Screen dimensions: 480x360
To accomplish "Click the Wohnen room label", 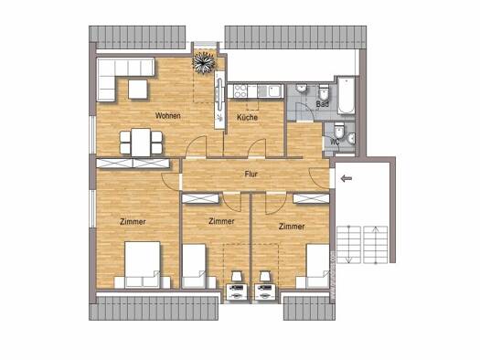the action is click(x=167, y=116).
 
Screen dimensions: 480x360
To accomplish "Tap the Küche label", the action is click(x=248, y=117).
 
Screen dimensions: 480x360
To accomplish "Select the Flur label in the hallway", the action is click(x=251, y=174).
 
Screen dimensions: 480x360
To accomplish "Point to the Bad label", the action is click(x=322, y=104).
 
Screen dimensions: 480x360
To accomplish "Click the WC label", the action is click(x=336, y=142).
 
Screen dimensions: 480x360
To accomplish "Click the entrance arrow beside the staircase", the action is click(x=347, y=178).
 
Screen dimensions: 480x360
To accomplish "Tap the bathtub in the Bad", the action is click(x=347, y=95).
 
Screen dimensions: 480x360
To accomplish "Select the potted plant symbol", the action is click(x=203, y=63).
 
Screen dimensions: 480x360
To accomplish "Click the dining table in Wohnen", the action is click(x=141, y=143).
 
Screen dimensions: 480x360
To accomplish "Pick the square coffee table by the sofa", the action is click(x=138, y=90).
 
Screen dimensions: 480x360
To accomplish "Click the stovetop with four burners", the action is click(x=240, y=91).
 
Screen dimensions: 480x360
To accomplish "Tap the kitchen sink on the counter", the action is click(x=274, y=91).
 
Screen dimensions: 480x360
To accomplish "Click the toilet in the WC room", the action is click(x=339, y=131).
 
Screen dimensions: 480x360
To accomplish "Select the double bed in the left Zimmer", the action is click(x=143, y=265).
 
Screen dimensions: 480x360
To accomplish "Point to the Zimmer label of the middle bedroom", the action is click(x=221, y=221).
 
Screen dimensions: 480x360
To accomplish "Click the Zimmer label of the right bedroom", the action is click(x=292, y=227).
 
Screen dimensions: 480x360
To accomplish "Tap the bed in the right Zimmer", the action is click(x=318, y=266).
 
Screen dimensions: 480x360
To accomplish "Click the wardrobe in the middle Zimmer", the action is click(x=200, y=199).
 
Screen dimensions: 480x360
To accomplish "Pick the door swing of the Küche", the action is click(x=257, y=148).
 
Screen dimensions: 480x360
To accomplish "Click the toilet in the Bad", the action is click(x=323, y=91).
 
